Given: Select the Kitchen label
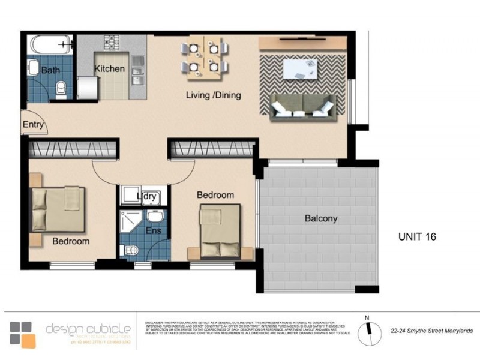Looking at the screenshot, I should tap(109, 68).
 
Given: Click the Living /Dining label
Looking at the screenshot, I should tap(213, 95).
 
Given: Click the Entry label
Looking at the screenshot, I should tap(33, 125).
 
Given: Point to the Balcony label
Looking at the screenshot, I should tap(320, 218).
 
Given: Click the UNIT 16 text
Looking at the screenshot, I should tap(417, 236).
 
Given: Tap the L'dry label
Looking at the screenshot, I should tap(146, 196).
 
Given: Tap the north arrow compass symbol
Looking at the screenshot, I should tap(368, 331).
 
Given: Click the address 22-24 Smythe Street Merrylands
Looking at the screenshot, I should tap(431, 331).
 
